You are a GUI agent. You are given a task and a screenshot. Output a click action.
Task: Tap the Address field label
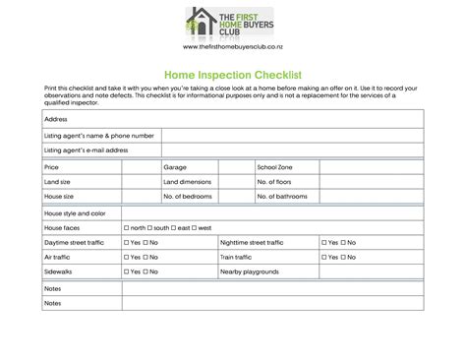[56, 119]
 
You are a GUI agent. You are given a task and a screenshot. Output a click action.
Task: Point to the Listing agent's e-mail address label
[87, 150]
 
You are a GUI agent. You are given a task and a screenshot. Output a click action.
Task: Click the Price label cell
[52, 168]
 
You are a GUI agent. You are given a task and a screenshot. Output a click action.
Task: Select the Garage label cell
[175, 168]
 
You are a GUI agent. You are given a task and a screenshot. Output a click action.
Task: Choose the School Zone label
[274, 168]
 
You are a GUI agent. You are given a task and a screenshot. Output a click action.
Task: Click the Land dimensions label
[188, 182]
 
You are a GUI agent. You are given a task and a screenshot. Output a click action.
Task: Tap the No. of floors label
[277, 182]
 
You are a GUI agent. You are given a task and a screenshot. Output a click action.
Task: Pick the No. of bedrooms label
[188, 197]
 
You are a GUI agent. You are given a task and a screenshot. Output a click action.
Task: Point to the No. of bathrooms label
[282, 197]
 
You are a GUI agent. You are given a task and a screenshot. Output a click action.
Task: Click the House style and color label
[75, 212]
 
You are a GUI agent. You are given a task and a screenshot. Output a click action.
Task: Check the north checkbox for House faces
[127, 227]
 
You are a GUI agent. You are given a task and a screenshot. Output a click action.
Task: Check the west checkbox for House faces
[195, 227]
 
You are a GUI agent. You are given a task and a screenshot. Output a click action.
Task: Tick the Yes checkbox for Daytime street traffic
[127, 242]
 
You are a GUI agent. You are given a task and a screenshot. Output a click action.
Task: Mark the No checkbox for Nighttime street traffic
[343, 242]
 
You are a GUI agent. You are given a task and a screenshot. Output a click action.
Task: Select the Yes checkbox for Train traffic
[322, 257]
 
